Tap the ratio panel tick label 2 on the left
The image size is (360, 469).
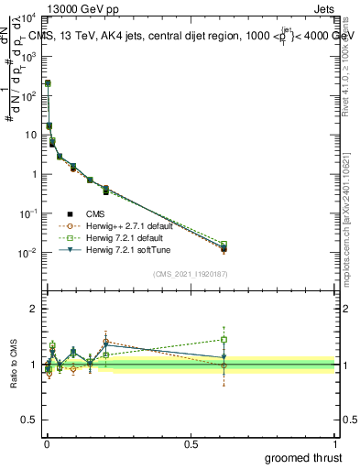coord(35,309)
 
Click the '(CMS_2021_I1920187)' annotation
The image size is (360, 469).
coord(189,274)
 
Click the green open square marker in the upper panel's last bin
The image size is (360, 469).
coord(224,245)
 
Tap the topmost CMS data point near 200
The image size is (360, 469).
coord(48,83)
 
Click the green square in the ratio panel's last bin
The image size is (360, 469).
coord(224,339)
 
